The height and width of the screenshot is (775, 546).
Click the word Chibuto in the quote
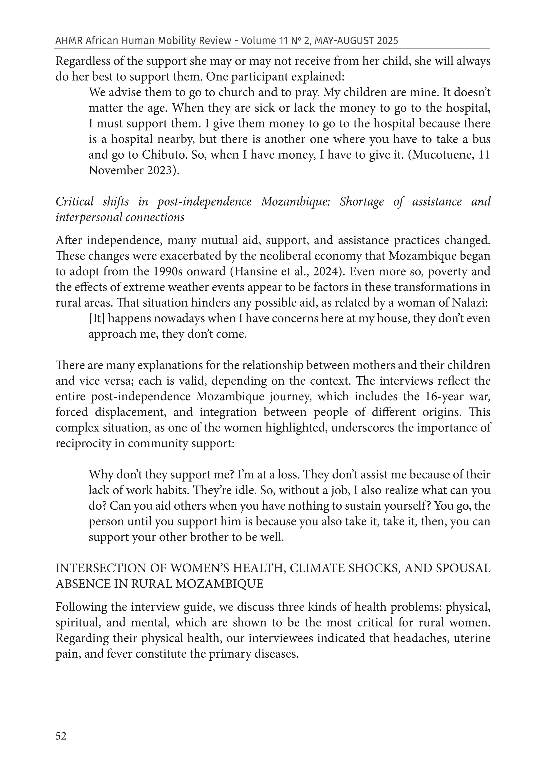164,155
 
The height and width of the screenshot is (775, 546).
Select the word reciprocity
84,443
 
